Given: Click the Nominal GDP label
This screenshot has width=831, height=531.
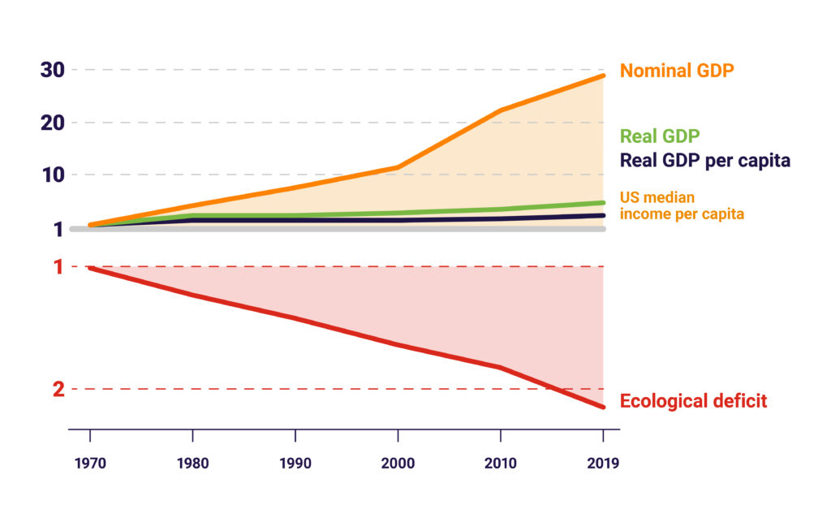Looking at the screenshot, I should click(x=677, y=71).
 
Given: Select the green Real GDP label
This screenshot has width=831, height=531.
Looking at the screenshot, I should click(x=660, y=136).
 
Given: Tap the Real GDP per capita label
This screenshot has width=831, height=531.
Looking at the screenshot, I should click(x=704, y=160).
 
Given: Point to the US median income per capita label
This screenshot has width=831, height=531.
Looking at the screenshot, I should click(x=682, y=206).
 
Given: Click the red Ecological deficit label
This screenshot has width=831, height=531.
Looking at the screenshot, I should click(x=693, y=401).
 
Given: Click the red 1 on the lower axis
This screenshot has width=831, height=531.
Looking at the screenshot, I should click(x=58, y=267).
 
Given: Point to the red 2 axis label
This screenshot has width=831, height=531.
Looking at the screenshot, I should click(x=58, y=390).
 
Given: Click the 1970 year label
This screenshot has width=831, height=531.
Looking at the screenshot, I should click(x=89, y=464).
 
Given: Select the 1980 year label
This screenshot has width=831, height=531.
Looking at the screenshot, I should click(x=192, y=464).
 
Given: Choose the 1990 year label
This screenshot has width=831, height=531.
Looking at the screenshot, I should click(x=295, y=464).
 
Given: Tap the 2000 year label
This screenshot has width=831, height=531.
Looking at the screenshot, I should click(x=398, y=464).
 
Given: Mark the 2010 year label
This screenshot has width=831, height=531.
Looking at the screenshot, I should click(x=500, y=464).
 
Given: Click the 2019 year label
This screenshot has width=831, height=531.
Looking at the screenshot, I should click(x=602, y=464).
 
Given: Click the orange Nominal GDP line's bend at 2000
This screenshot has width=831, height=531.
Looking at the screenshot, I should click(x=398, y=167).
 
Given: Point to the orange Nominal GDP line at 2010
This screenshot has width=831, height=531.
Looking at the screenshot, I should click(x=500, y=110).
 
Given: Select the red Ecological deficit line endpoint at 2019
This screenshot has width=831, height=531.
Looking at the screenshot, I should click(x=603, y=407).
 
